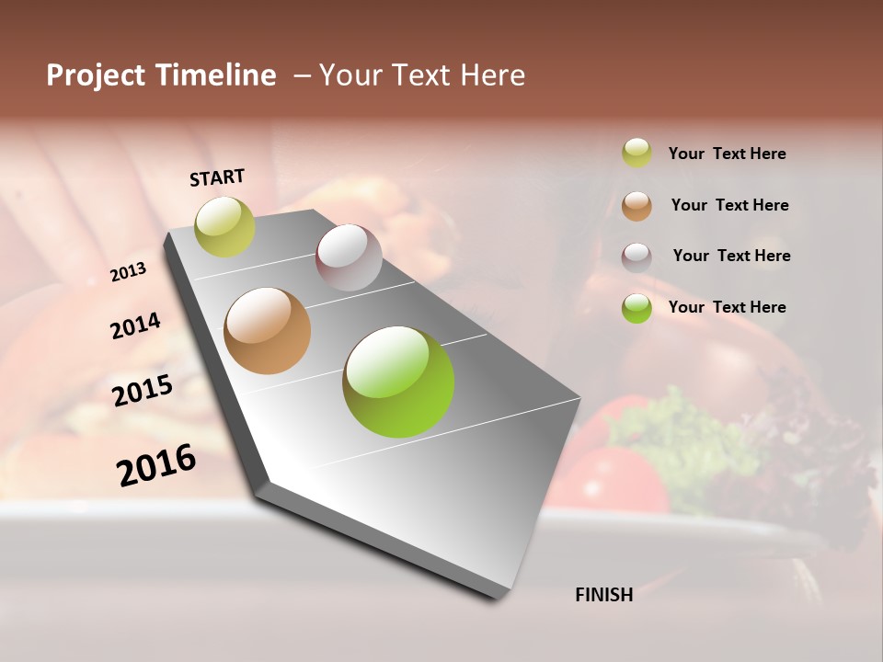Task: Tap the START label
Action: pyautogui.click(x=217, y=177)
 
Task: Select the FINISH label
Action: pyautogui.click(x=604, y=595)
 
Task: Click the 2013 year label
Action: pyautogui.click(x=128, y=272)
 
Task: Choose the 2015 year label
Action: pyautogui.click(x=143, y=391)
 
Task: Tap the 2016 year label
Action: pyautogui.click(x=156, y=465)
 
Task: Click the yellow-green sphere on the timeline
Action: pyautogui.click(x=224, y=226)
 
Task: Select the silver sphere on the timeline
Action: pyautogui.click(x=349, y=257)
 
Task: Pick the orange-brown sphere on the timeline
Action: pyautogui.click(x=268, y=331)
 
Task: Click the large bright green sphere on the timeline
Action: pyautogui.click(x=398, y=382)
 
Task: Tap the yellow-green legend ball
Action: pyautogui.click(x=636, y=153)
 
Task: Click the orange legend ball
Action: pyautogui.click(x=636, y=206)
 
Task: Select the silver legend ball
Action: pyautogui.click(x=636, y=257)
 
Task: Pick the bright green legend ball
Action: pyautogui.click(x=636, y=308)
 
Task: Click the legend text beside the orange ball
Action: pyautogui.click(x=729, y=205)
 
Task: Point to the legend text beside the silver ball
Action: pyautogui.click(x=731, y=256)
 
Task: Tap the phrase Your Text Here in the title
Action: pyautogui.click(x=421, y=75)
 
